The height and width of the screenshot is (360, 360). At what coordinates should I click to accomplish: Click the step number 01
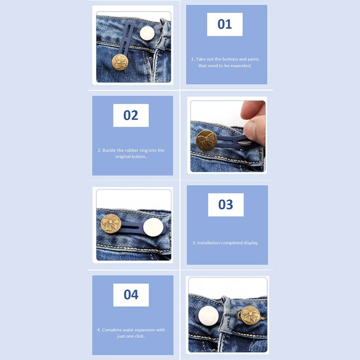pyautogui.click(x=224, y=24)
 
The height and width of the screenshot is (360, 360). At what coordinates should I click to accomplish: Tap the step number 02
pyautogui.click(x=130, y=115)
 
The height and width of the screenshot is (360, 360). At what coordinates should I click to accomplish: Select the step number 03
pyautogui.click(x=226, y=204)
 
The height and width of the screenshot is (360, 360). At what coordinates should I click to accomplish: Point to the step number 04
pyautogui.click(x=131, y=295)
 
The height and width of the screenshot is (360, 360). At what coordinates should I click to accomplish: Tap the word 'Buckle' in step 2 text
pyautogui.click(x=109, y=150)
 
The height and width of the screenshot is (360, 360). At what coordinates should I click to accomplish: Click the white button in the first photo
pyautogui.click(x=147, y=33)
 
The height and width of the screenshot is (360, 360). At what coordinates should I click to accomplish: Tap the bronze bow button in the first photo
pyautogui.click(x=120, y=62)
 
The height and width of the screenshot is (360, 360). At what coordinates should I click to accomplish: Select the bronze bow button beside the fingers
pyautogui.click(x=206, y=140)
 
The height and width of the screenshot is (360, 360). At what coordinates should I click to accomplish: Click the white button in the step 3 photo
pyautogui.click(x=154, y=227)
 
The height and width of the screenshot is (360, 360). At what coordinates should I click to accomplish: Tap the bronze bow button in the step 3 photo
pyautogui.click(x=111, y=224)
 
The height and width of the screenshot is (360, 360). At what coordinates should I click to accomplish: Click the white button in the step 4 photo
pyautogui.click(x=209, y=316)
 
